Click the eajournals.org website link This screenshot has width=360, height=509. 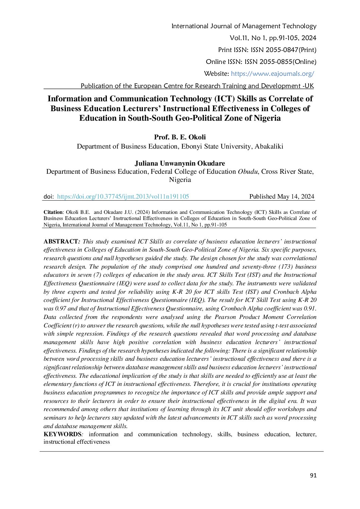[272, 74]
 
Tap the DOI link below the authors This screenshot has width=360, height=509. [123, 197]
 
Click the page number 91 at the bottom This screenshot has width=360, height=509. [313, 475]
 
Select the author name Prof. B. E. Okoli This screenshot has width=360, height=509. [180, 137]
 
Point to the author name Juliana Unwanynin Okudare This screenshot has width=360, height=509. [180, 163]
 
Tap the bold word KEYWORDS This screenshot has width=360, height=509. [62, 434]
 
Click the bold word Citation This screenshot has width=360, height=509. [53, 212]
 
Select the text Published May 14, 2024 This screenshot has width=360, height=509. [281, 197]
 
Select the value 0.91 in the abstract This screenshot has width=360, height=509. [310, 308]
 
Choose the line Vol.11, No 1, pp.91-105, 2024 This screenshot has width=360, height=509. [273, 38]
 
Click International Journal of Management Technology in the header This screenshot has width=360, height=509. [244, 26]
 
